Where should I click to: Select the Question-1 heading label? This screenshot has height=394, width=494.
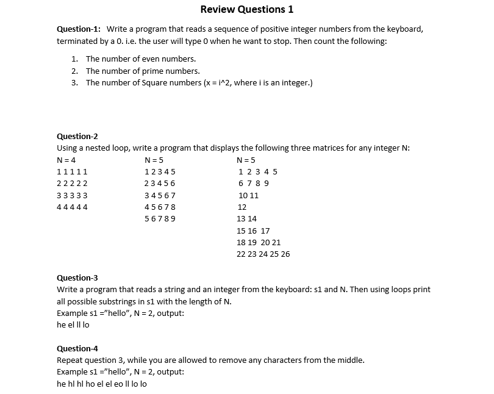click(x=79, y=29)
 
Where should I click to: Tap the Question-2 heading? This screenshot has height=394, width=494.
click(x=77, y=136)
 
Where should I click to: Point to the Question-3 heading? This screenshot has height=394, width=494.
click(x=77, y=278)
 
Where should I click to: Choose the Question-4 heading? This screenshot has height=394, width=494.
click(x=77, y=348)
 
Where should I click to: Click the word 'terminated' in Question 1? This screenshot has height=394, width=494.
click(x=77, y=41)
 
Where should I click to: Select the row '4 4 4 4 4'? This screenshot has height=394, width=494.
click(x=72, y=207)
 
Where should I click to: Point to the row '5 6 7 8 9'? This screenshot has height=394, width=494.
click(x=160, y=218)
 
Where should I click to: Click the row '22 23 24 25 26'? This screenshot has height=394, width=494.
click(x=263, y=254)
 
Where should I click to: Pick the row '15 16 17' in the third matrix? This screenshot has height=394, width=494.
click(x=252, y=231)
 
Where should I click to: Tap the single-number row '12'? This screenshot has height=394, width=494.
click(x=242, y=207)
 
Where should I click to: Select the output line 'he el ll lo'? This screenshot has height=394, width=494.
click(x=73, y=325)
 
